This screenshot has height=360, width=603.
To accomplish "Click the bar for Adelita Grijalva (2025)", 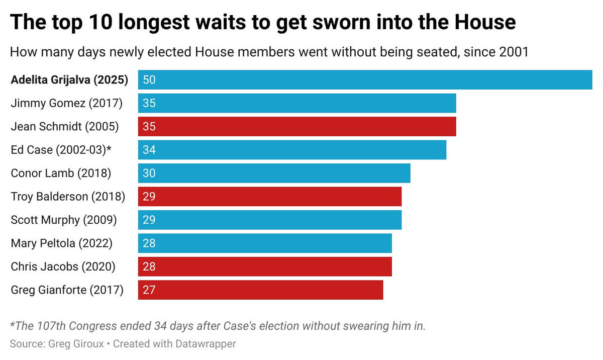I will coord(365,80).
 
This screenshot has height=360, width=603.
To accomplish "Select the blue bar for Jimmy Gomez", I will coord(297,103).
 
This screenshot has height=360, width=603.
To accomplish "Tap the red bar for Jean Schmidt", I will coord(297,127).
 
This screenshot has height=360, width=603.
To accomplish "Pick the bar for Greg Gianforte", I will coord(260,290).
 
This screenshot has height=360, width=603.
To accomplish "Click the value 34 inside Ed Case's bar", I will coord(149,150).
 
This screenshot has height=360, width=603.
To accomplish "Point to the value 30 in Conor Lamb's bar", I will coord(149,173).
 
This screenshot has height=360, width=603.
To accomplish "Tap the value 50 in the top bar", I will coord(149,80).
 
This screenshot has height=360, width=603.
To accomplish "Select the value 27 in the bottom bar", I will coord(149,290).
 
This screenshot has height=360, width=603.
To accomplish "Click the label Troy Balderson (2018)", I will coord(68,197).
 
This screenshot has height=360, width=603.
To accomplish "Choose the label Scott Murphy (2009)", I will coord(64,220).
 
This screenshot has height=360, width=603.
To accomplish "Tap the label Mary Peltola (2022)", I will coord(61,243).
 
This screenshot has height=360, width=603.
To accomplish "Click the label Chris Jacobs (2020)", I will coord(63,266).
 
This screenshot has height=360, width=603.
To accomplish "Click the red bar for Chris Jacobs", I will coord(265,266).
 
